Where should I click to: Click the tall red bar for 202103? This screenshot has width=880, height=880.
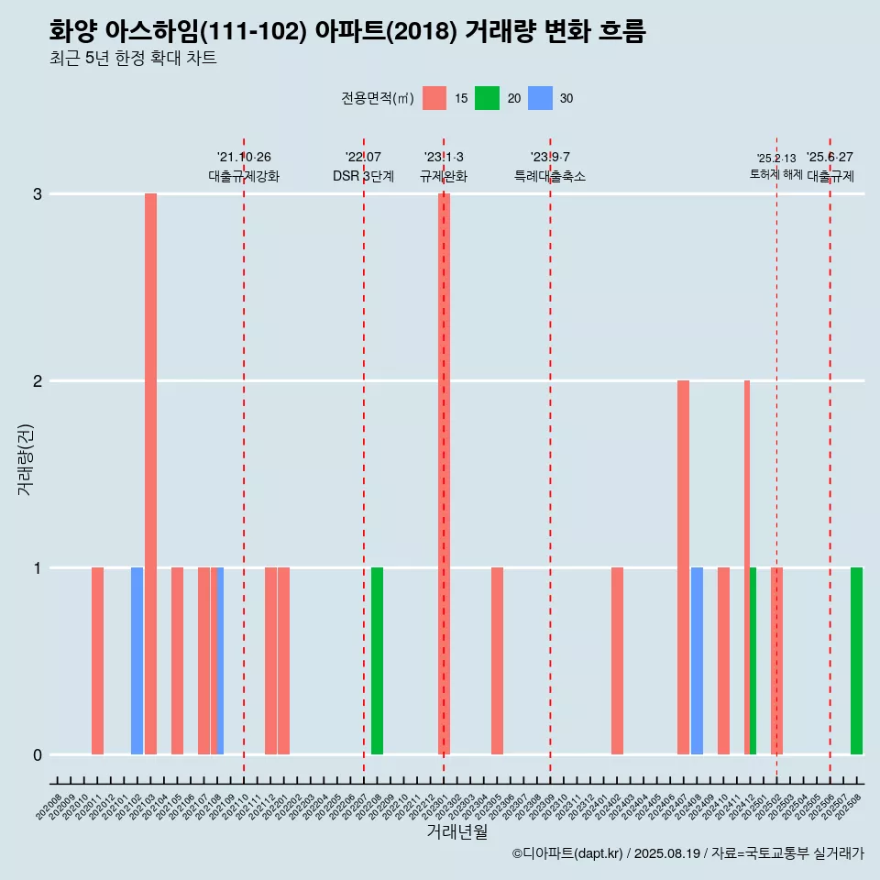150,474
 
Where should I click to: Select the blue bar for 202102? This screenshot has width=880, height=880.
137,661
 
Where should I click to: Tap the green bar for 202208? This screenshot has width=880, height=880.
377,661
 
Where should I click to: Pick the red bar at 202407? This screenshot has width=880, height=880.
683,567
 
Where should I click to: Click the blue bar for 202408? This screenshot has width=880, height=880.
697,661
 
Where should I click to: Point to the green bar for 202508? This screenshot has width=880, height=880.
856,661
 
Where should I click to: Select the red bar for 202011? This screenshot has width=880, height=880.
97,661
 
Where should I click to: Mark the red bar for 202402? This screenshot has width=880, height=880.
617,661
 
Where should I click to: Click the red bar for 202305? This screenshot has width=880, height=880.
497,661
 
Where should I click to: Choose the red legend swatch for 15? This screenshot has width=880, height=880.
434,98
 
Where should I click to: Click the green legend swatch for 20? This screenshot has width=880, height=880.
487,98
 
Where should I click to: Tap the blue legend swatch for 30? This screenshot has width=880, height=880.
540,98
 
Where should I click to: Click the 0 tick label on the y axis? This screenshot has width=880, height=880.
38,754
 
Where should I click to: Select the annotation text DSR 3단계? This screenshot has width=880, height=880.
363,176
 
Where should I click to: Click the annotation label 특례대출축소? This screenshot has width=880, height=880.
550,176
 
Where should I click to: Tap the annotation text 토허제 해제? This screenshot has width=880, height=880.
776,174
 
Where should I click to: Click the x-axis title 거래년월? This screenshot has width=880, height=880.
456,832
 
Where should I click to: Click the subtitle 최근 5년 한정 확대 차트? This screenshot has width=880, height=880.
133,59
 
